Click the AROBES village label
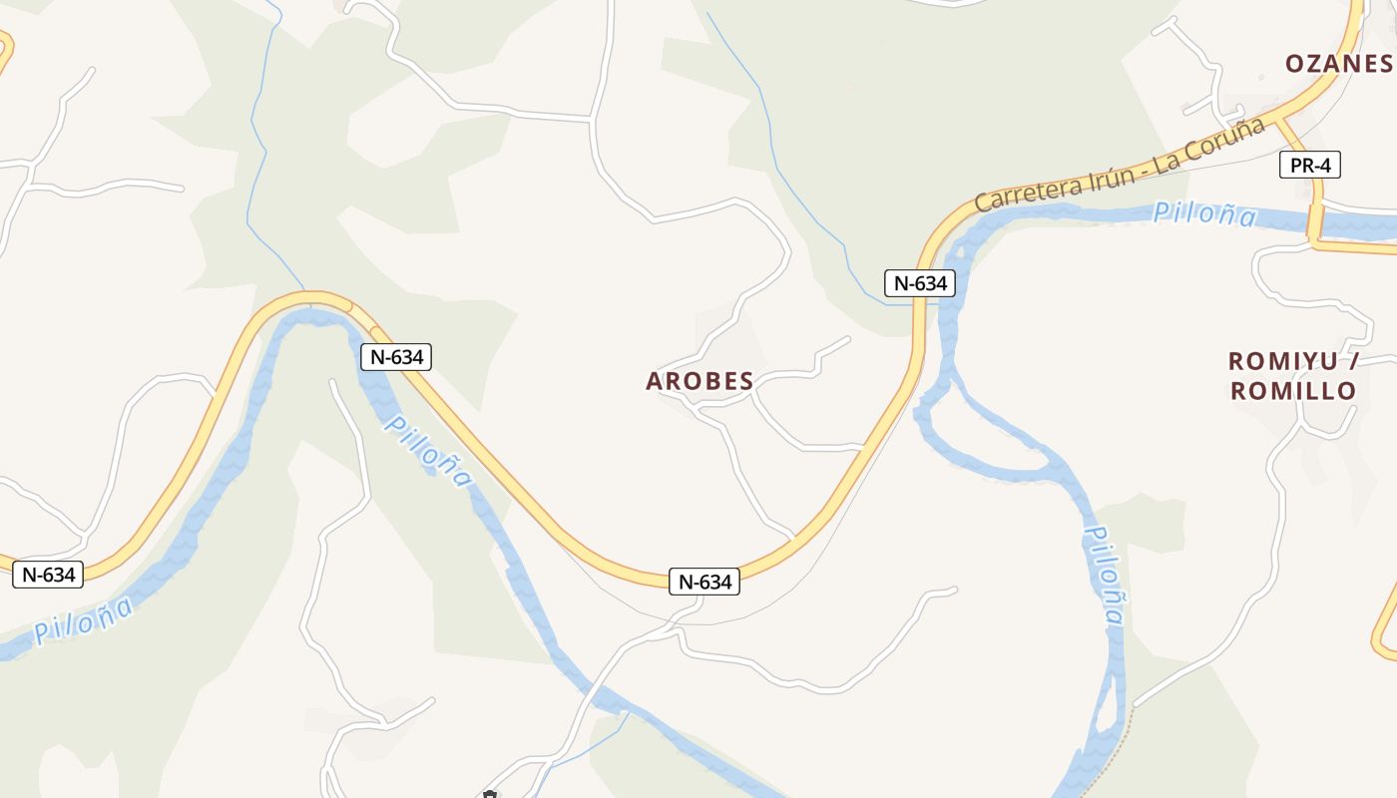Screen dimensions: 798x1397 (699, 381)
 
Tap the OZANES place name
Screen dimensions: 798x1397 (1338, 64)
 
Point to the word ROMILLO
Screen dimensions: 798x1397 (1293, 391)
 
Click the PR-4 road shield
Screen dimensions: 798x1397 (1309, 166)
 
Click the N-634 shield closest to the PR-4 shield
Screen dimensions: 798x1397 (919, 283)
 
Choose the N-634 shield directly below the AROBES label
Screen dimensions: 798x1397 (705, 582)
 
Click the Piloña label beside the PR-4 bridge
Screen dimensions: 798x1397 (1204, 213)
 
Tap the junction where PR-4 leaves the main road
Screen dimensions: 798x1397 (1277, 119)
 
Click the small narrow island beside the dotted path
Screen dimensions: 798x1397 (1104, 713)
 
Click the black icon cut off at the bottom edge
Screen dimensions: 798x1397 (490, 794)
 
